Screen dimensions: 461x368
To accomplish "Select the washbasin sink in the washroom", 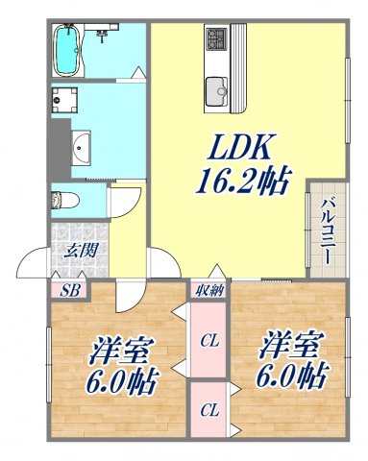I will [x=82, y=148].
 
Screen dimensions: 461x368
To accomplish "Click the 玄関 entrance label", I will [x=80, y=252].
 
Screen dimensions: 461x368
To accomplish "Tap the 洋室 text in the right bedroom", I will [x=286, y=344].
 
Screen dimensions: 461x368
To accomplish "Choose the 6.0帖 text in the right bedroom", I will [x=286, y=374].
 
